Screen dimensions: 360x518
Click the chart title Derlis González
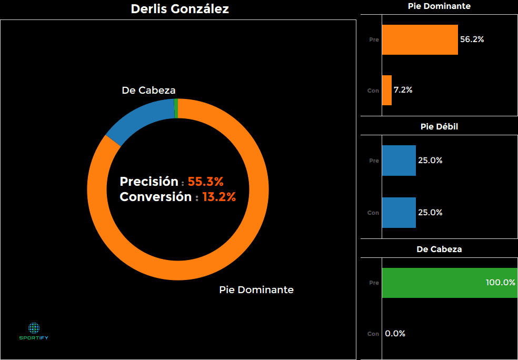pyautogui.click(x=180, y=9)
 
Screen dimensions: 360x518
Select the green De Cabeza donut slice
pyautogui.click(x=176, y=109)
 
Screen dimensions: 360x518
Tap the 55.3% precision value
pyautogui.click(x=206, y=182)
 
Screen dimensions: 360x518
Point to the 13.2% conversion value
pyautogui.click(x=219, y=197)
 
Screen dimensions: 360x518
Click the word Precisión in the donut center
pyautogui.click(x=149, y=182)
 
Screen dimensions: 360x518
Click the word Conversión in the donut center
pyautogui.click(x=155, y=197)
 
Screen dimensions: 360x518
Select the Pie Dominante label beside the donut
pyautogui.click(x=256, y=290)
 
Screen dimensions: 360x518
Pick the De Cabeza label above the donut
pyautogui.click(x=148, y=91)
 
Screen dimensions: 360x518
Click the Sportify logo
pyautogui.click(x=34, y=331)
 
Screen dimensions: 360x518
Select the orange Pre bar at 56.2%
pyautogui.click(x=420, y=39)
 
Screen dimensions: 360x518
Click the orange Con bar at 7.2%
pyautogui.click(x=386, y=90)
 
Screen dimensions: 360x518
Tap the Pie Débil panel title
pyautogui.click(x=439, y=127)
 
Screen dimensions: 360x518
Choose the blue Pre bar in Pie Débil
pyautogui.click(x=399, y=161)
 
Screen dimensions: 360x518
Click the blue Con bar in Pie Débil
pyautogui.click(x=399, y=213)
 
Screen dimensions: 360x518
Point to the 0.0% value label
pyautogui.click(x=395, y=334)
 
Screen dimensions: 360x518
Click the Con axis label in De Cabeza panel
pyautogui.click(x=373, y=334)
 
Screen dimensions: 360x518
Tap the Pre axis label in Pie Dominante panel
pyautogui.click(x=374, y=39)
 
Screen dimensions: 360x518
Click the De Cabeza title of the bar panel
pyautogui.click(x=439, y=249)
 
